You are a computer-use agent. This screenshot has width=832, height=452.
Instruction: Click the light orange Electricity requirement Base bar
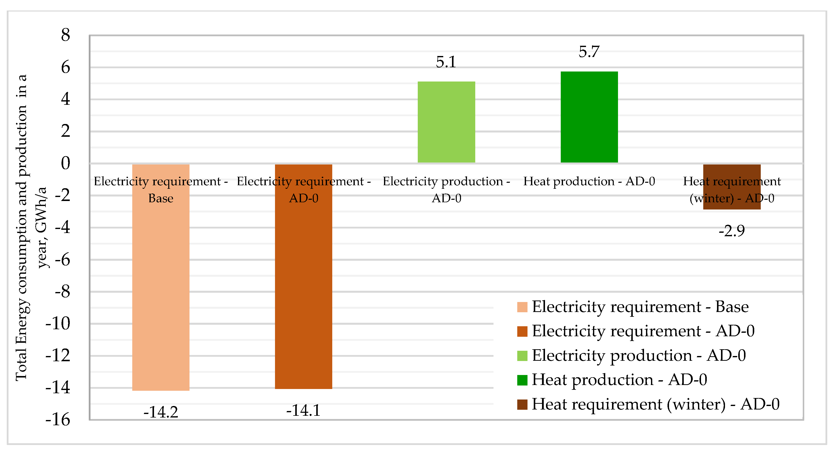tap(160, 291)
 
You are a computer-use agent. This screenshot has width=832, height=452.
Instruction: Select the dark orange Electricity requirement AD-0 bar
tap(303, 291)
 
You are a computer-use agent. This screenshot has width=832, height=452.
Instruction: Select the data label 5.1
tap(446, 62)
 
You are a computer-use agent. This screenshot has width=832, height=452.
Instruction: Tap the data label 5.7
tap(589, 52)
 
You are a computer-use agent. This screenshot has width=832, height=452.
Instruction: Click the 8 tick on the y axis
tap(65, 35)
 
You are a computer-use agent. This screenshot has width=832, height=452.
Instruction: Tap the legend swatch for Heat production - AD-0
tap(522, 380)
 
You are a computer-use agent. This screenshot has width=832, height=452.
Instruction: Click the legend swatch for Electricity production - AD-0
tap(522, 356)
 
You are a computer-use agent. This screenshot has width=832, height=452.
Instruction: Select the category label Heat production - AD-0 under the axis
tap(589, 181)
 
